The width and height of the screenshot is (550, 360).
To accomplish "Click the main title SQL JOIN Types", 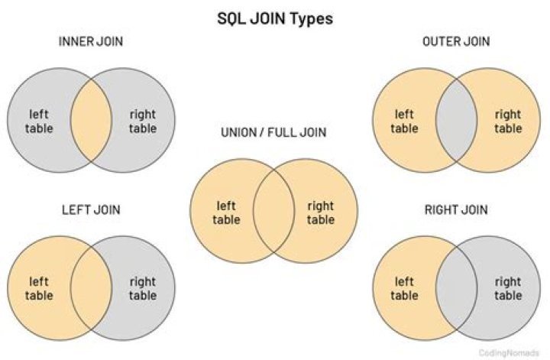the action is click(x=275, y=19).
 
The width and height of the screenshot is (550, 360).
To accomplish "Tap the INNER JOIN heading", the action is click(x=91, y=41).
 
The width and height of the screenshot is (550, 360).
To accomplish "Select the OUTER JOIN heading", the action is click(x=456, y=41).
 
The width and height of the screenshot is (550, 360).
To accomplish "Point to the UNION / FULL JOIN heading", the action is click(x=273, y=132).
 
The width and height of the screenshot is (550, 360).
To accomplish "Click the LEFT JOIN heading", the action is click(x=91, y=210).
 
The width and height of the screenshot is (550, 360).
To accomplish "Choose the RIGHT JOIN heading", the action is click(x=456, y=210).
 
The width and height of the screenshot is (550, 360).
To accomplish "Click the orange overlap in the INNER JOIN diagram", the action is click(x=91, y=120).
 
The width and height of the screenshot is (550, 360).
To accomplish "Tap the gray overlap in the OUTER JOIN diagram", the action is click(x=456, y=120).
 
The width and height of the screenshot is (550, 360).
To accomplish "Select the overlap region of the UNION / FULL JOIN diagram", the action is click(x=273, y=211).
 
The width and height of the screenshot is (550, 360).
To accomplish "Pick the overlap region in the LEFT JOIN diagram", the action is click(x=91, y=288).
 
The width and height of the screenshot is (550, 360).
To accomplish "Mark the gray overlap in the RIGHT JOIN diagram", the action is click(x=456, y=288).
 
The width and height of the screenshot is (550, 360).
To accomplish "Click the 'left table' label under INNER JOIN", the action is click(x=39, y=121).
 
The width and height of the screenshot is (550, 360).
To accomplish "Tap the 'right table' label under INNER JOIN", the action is click(x=143, y=122).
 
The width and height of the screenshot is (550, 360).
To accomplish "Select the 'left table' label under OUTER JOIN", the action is click(x=404, y=121).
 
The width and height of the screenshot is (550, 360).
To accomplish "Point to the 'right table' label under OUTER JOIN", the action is click(x=508, y=122).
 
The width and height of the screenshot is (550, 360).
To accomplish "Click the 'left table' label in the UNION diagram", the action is click(x=226, y=212).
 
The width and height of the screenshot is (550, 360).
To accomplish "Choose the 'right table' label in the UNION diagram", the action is click(x=321, y=213).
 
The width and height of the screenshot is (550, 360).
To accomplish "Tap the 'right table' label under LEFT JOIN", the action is click(x=143, y=289).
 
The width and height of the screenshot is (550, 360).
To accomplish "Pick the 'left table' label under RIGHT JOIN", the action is click(x=404, y=288).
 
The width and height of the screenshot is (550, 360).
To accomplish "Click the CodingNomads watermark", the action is click(x=509, y=352).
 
